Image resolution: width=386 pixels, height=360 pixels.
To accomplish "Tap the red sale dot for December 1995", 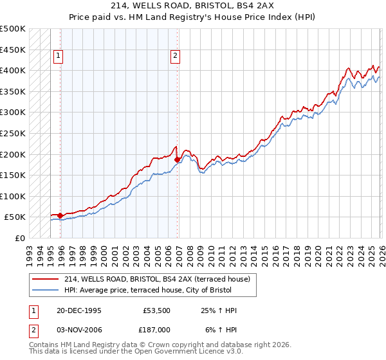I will (x=60, y=215).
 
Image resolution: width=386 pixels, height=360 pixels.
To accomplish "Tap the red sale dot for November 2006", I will (x=177, y=159).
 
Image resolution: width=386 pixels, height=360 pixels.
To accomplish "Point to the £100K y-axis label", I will (x=13, y=196).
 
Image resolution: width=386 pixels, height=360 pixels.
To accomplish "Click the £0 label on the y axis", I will (x=19, y=238).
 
